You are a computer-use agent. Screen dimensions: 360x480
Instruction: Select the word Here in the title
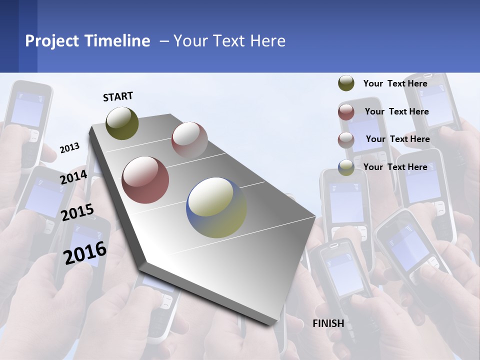[267, 41]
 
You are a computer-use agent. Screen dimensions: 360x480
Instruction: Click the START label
[118, 96]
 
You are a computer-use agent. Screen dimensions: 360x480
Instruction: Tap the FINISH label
[328, 323]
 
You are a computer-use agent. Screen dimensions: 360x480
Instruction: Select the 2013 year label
[69, 148]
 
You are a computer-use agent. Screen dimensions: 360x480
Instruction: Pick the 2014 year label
[73, 177]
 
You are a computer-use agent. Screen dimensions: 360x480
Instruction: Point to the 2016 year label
[85, 252]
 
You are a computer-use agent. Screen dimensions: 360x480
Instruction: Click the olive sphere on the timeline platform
[122, 123]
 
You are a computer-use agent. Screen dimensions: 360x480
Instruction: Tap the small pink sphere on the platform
[189, 139]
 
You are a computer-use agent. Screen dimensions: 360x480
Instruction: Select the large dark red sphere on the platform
[145, 180]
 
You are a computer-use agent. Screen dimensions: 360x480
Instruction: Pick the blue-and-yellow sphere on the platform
[216, 207]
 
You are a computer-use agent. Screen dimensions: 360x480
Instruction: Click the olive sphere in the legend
[346, 83]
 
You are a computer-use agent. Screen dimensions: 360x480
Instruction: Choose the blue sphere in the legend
[346, 167]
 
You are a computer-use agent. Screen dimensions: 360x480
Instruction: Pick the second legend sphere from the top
[346, 112]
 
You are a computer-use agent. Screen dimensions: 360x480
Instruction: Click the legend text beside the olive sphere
[395, 83]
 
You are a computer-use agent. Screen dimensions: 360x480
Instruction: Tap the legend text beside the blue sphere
[395, 167]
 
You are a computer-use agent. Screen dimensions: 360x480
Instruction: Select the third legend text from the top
[397, 139]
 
